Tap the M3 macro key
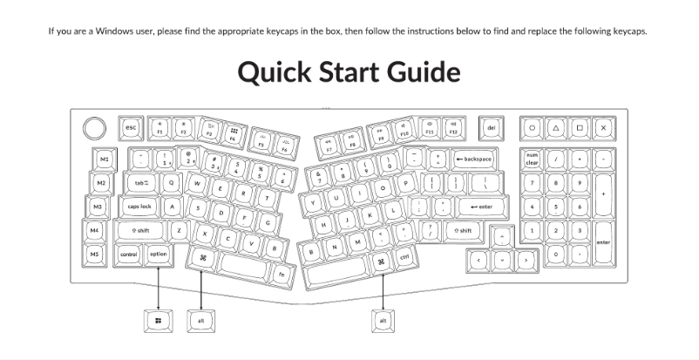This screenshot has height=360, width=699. [x=101, y=207]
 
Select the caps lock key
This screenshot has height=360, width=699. [x=139, y=207]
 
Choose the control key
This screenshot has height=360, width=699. [x=129, y=255]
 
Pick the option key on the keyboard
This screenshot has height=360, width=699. [x=158, y=255]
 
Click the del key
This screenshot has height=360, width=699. [x=491, y=128]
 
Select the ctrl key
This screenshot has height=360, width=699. [x=404, y=258]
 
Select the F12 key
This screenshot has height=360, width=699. [x=452, y=130]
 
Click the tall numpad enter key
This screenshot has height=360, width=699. [x=602, y=241]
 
